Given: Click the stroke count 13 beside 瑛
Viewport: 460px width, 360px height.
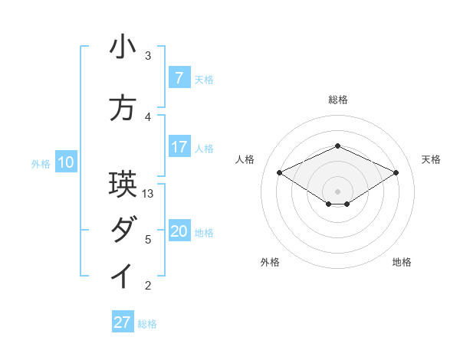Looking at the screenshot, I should click(149, 194).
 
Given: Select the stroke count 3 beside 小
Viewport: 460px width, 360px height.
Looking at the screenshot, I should click(148, 56).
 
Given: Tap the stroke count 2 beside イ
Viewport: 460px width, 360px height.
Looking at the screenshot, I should click(148, 286).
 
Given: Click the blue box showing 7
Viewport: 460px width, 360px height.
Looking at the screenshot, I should click(179, 77).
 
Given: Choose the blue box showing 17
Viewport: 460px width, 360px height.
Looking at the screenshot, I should click(179, 146).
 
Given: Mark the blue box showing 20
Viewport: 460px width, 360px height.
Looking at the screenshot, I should click(179, 231).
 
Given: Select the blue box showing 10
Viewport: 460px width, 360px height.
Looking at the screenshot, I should click(65, 162).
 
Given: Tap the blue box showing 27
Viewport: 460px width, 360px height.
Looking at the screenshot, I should click(123, 322).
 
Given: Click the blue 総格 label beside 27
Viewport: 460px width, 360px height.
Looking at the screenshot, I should click(147, 324).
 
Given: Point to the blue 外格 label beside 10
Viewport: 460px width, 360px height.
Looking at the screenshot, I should click(40, 163).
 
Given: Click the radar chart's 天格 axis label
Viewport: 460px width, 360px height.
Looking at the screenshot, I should click(431, 159).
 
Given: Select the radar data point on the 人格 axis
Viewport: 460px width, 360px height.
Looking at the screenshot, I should click(279, 172).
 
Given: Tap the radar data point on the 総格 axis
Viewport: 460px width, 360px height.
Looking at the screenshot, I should click(337, 146).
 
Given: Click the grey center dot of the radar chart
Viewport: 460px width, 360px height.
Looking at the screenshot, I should click(337, 190).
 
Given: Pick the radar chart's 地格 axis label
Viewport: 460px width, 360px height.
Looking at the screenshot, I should click(402, 262).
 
